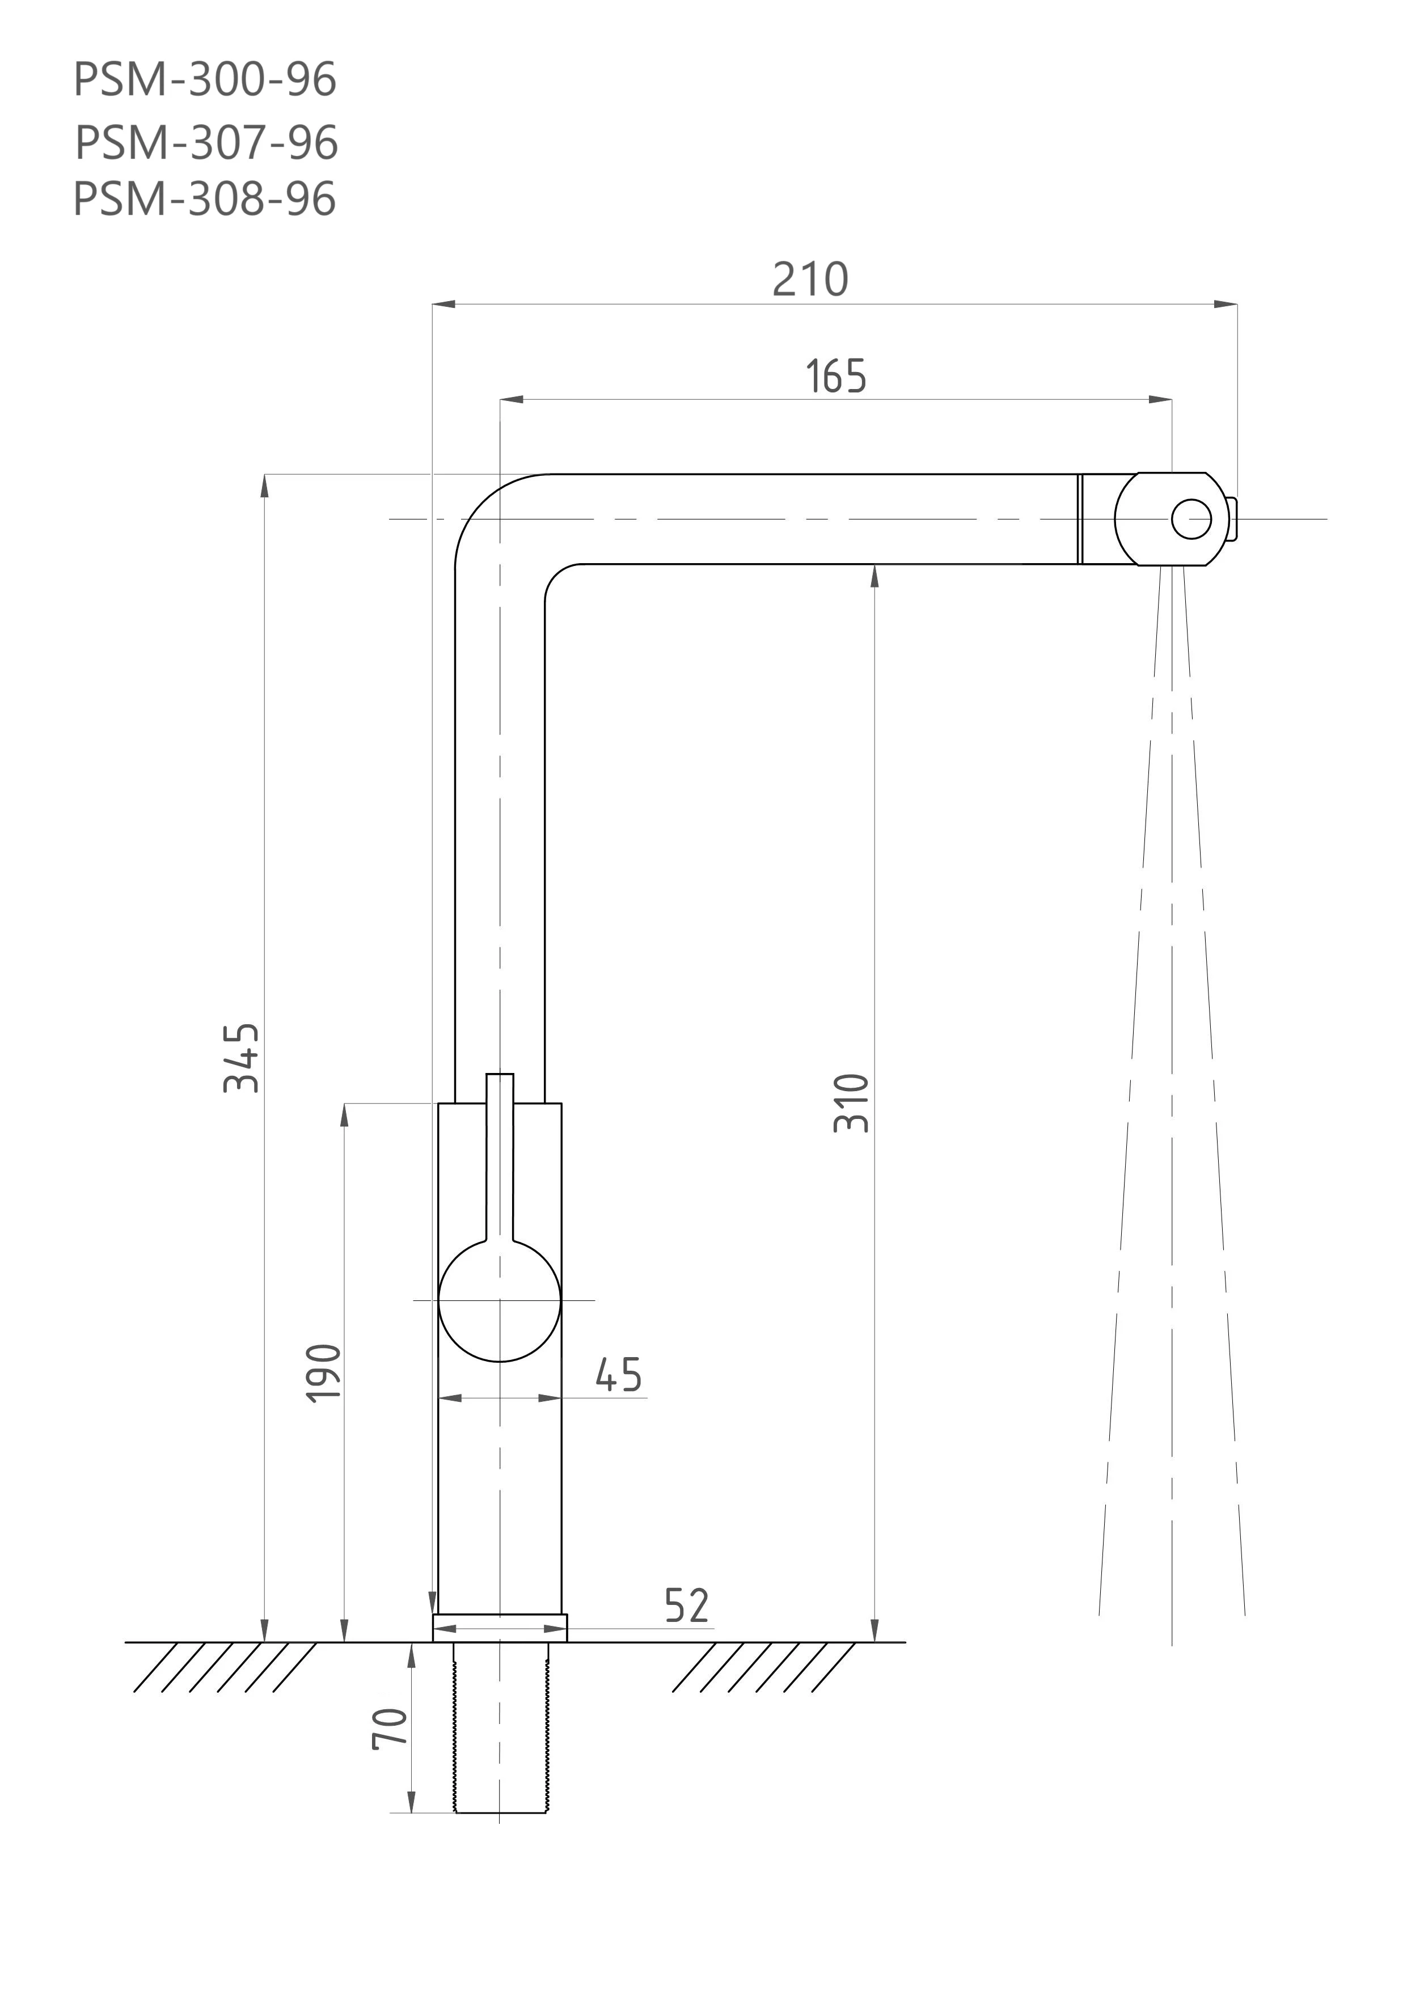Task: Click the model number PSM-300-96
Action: click(x=205, y=80)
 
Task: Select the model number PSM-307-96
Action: click(x=206, y=142)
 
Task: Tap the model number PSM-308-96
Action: click(x=205, y=198)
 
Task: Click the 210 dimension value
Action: click(x=810, y=279)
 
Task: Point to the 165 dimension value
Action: click(x=836, y=376)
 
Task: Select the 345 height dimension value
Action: click(x=242, y=1058)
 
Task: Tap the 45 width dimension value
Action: click(x=618, y=1375)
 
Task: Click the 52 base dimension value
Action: click(x=687, y=1605)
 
